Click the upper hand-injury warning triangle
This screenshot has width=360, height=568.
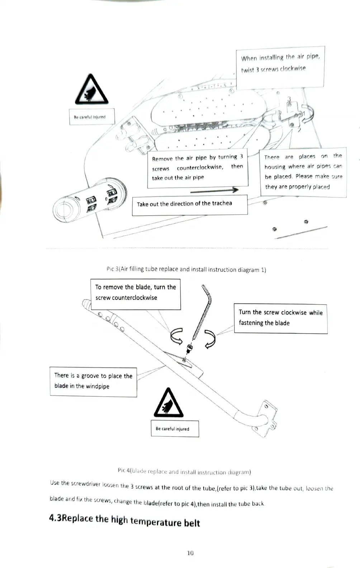pyautogui.click(x=91, y=91)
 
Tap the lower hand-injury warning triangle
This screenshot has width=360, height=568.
pyautogui.click(x=168, y=404)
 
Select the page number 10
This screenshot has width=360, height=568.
pyautogui.click(x=190, y=553)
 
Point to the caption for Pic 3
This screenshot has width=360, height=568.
pyautogui.click(x=186, y=269)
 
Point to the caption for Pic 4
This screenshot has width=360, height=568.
pyautogui.click(x=184, y=471)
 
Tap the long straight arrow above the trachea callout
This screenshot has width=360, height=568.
pyautogui.click(x=214, y=190)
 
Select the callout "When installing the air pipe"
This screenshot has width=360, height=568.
pyautogui.click(x=280, y=67)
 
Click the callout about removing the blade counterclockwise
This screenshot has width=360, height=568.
pyautogui.click(x=136, y=294)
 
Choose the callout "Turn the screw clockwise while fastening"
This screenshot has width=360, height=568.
pyautogui.click(x=280, y=318)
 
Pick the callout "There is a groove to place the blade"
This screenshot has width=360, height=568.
pyautogui.click(x=93, y=382)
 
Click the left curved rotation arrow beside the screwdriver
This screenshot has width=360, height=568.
pyautogui.click(x=176, y=336)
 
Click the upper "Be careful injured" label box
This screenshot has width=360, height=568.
pyautogui.click(x=92, y=117)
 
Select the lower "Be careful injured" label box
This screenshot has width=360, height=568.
pyautogui.click(x=175, y=429)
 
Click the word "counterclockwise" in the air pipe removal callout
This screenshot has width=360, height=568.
pyautogui.click(x=200, y=167)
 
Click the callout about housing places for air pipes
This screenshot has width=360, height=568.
pyautogui.click(x=303, y=172)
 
